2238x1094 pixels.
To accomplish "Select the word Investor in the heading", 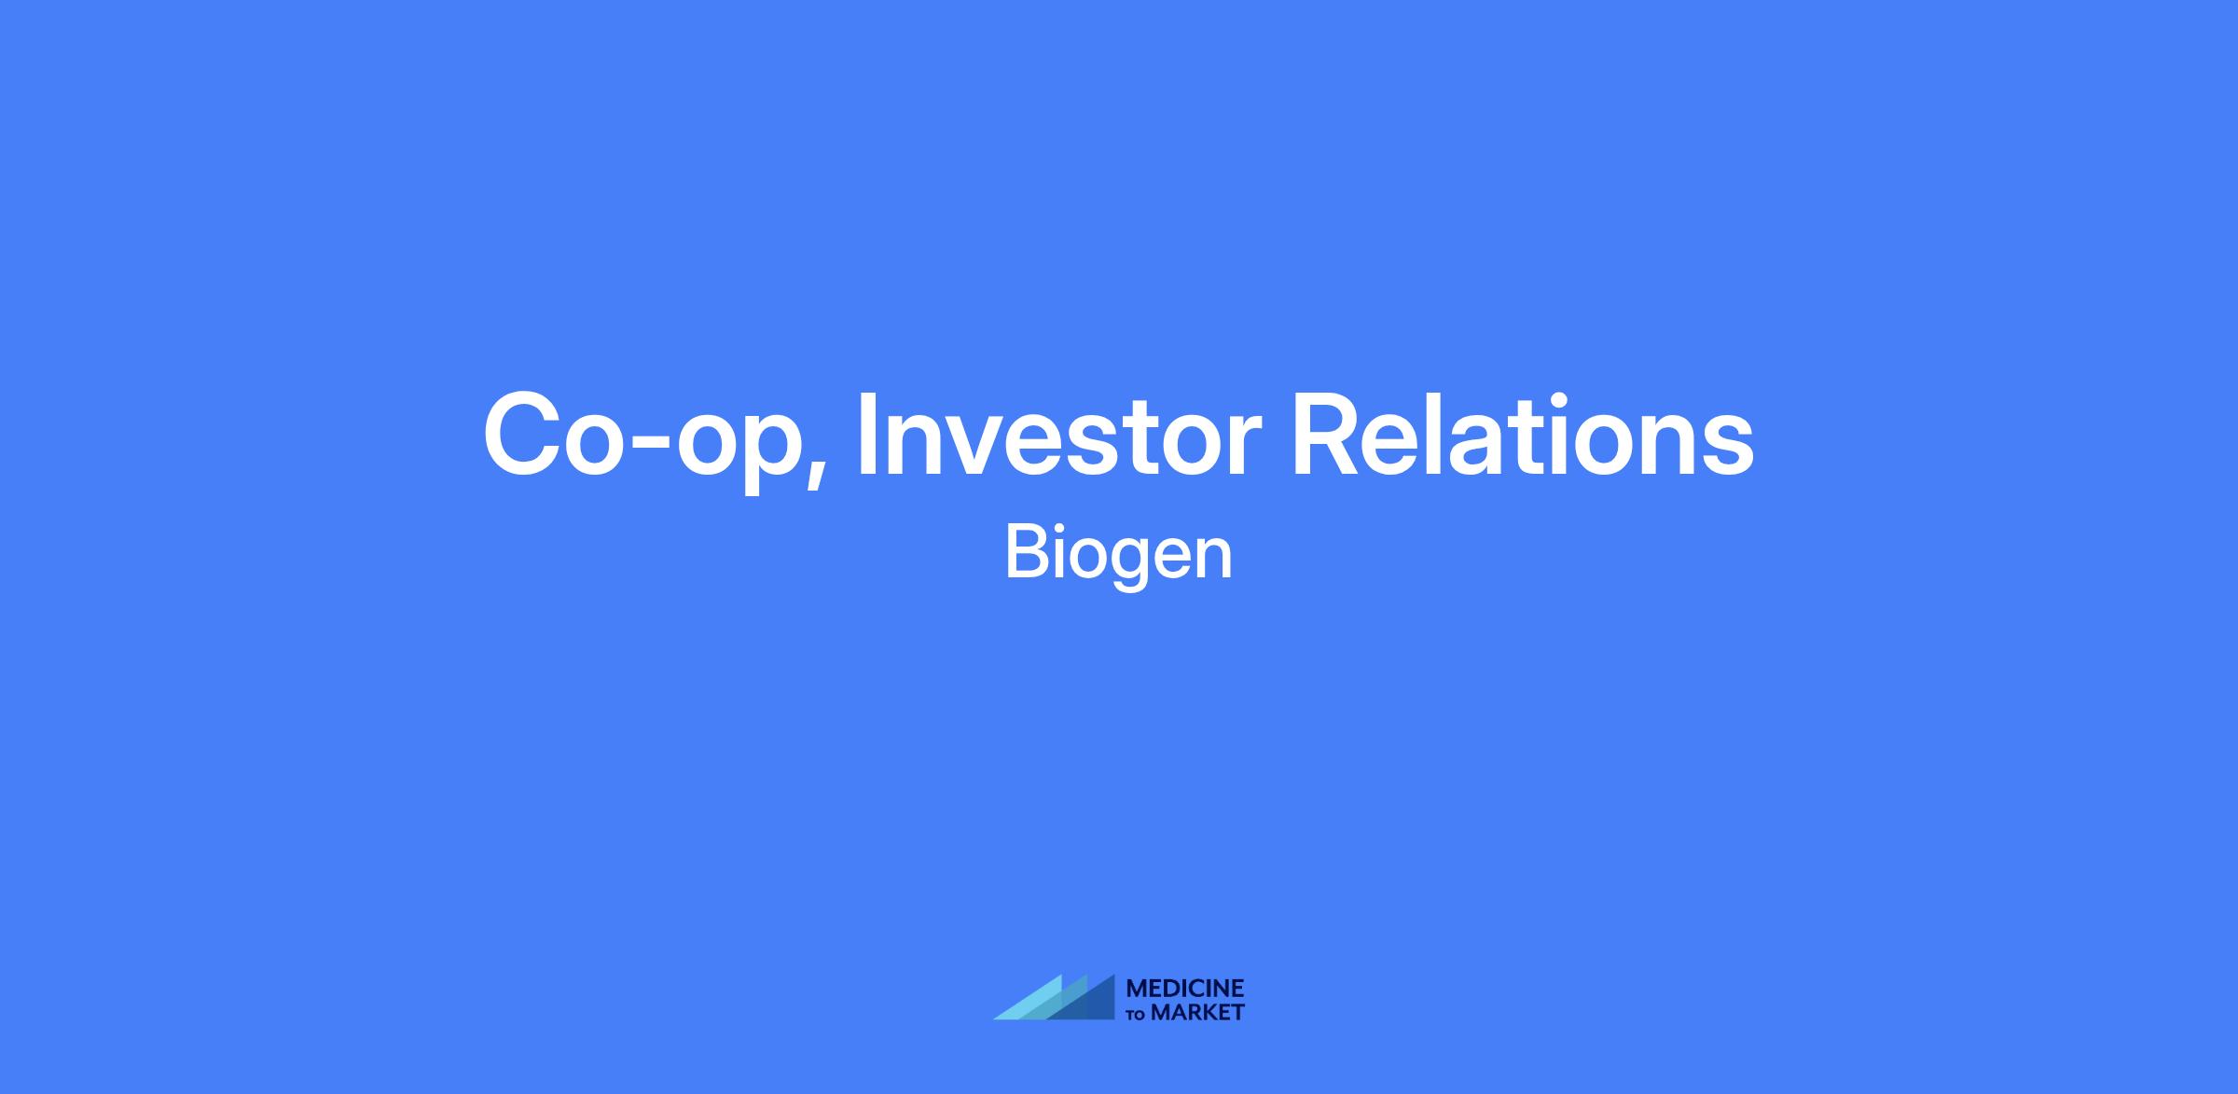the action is coord(1058,436).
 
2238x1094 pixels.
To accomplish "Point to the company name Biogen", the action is coord(1118,557).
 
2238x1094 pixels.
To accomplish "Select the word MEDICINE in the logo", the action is coord(1185,989).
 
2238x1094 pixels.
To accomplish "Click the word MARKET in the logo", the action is coord(1197,1013).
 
